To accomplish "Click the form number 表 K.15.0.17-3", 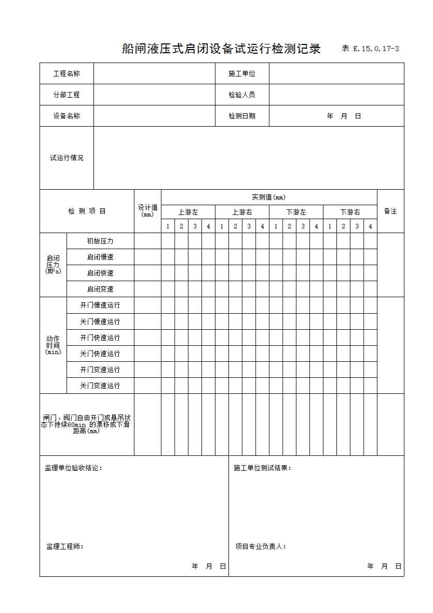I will [x=370, y=49].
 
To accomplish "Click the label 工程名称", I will [x=67, y=73].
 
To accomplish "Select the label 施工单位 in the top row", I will [x=242, y=73].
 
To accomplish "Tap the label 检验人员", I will [x=242, y=95].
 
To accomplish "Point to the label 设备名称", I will [x=67, y=116].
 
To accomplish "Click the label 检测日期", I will [x=242, y=116].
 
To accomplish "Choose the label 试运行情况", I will [x=67, y=158].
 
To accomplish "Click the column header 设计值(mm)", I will [x=148, y=211].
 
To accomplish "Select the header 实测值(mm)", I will [x=269, y=197].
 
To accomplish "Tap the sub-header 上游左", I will [x=188, y=212].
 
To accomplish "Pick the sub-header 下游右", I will [x=350, y=212].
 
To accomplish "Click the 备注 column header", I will [x=390, y=211].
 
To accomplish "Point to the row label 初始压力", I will [x=100, y=241].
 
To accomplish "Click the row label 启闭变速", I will [x=100, y=289].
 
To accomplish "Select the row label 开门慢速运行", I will [x=100, y=305].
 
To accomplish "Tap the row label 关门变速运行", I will [x=100, y=386].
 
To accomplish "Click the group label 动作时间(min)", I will [x=53, y=345].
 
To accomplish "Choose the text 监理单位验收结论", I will [x=73, y=468].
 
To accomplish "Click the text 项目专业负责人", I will [x=260, y=546].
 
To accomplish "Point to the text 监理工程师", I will [x=65, y=546].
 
